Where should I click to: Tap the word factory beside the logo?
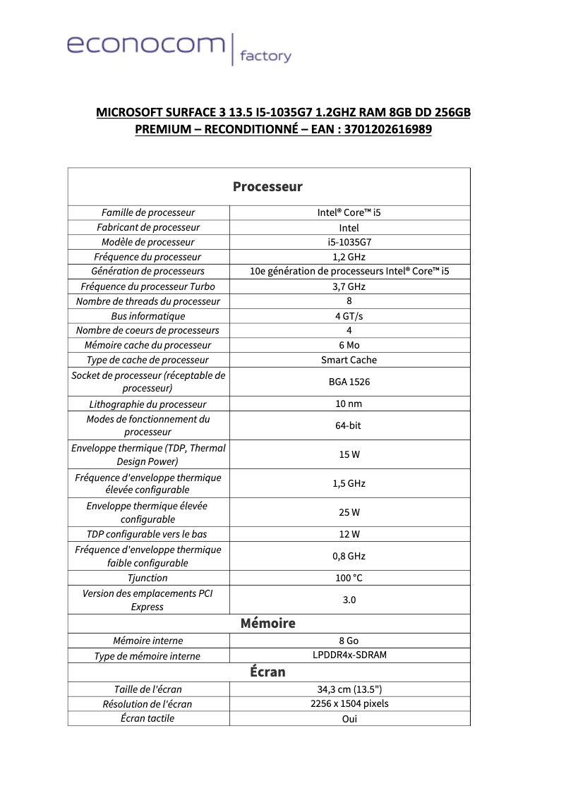coord(265,56)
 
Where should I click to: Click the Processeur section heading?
coord(267,187)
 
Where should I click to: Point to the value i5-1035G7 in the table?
coord(349,242)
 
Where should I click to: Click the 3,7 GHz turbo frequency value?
coord(349,286)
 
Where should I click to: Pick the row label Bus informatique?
coord(148,316)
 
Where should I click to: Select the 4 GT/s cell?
coord(349,316)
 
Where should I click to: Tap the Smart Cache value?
coord(349,360)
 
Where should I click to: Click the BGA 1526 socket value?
coord(349,382)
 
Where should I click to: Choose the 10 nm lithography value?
coord(349,404)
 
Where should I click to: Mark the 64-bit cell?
coord(349,425)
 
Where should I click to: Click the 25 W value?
coord(349,512)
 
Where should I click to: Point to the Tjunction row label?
coord(148,578)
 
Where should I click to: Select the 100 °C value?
coord(349,578)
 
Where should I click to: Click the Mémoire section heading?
coord(267,624)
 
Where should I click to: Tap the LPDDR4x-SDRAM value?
coord(349,655)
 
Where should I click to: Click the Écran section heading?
coord(267,672)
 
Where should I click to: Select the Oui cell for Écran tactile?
coord(349,719)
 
